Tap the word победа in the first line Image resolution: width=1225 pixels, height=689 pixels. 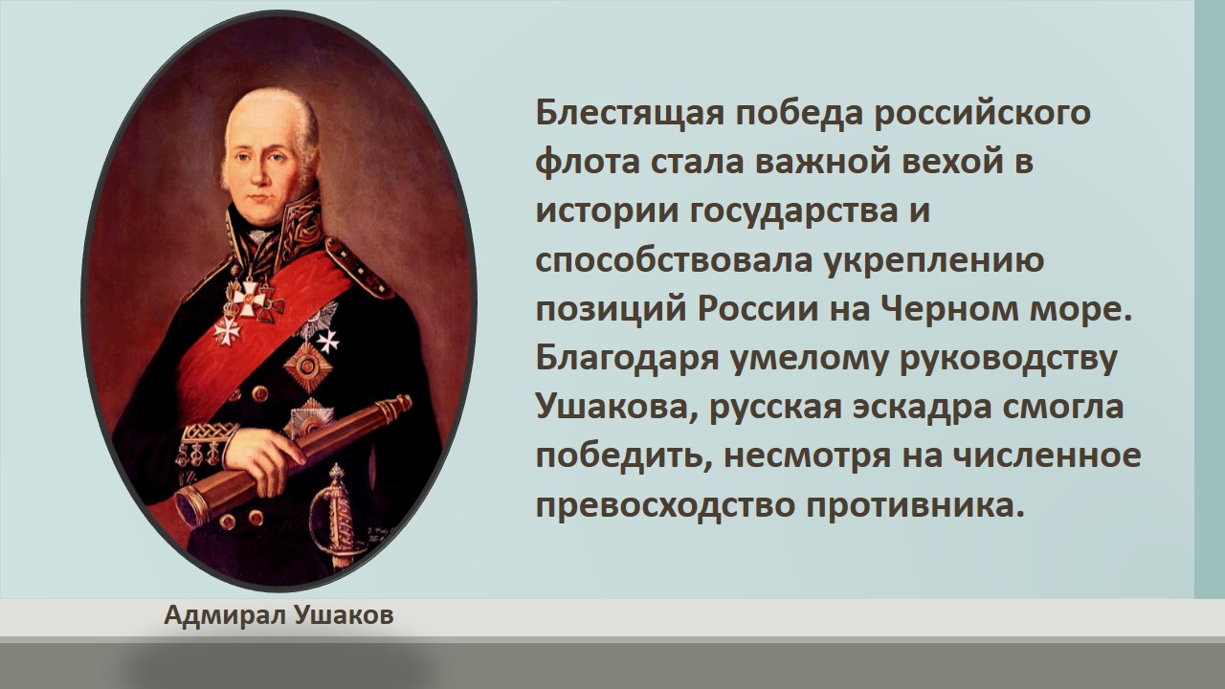coord(799,114)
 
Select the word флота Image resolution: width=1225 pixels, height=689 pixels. coord(587,163)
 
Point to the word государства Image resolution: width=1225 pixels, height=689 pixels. coord(793,212)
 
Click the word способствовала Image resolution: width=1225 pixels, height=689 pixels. coord(674,260)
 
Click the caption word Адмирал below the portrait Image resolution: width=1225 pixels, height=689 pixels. coord(225,615)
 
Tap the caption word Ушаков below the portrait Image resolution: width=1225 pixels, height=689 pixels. coord(344,615)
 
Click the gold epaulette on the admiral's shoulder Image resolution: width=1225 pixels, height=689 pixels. coord(356,265)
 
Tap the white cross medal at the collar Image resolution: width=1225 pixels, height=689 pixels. coord(250,298)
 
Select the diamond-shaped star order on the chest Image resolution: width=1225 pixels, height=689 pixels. coord(308,367)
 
